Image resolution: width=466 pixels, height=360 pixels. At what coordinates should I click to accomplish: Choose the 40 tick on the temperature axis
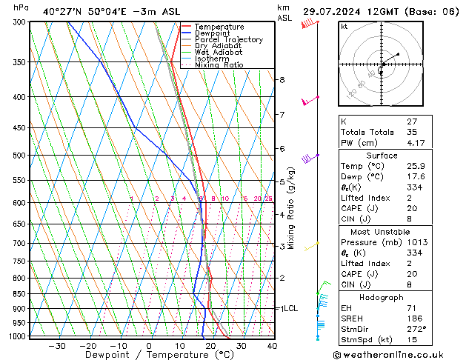(x=272, y=346)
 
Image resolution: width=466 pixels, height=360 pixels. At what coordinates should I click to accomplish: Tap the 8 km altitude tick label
(x=282, y=79)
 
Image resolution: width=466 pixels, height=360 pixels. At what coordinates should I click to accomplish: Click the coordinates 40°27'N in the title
(x=64, y=12)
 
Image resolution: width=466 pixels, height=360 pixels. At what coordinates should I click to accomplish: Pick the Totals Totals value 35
(x=413, y=132)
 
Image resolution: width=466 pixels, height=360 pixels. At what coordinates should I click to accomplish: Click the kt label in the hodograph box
(x=344, y=27)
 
